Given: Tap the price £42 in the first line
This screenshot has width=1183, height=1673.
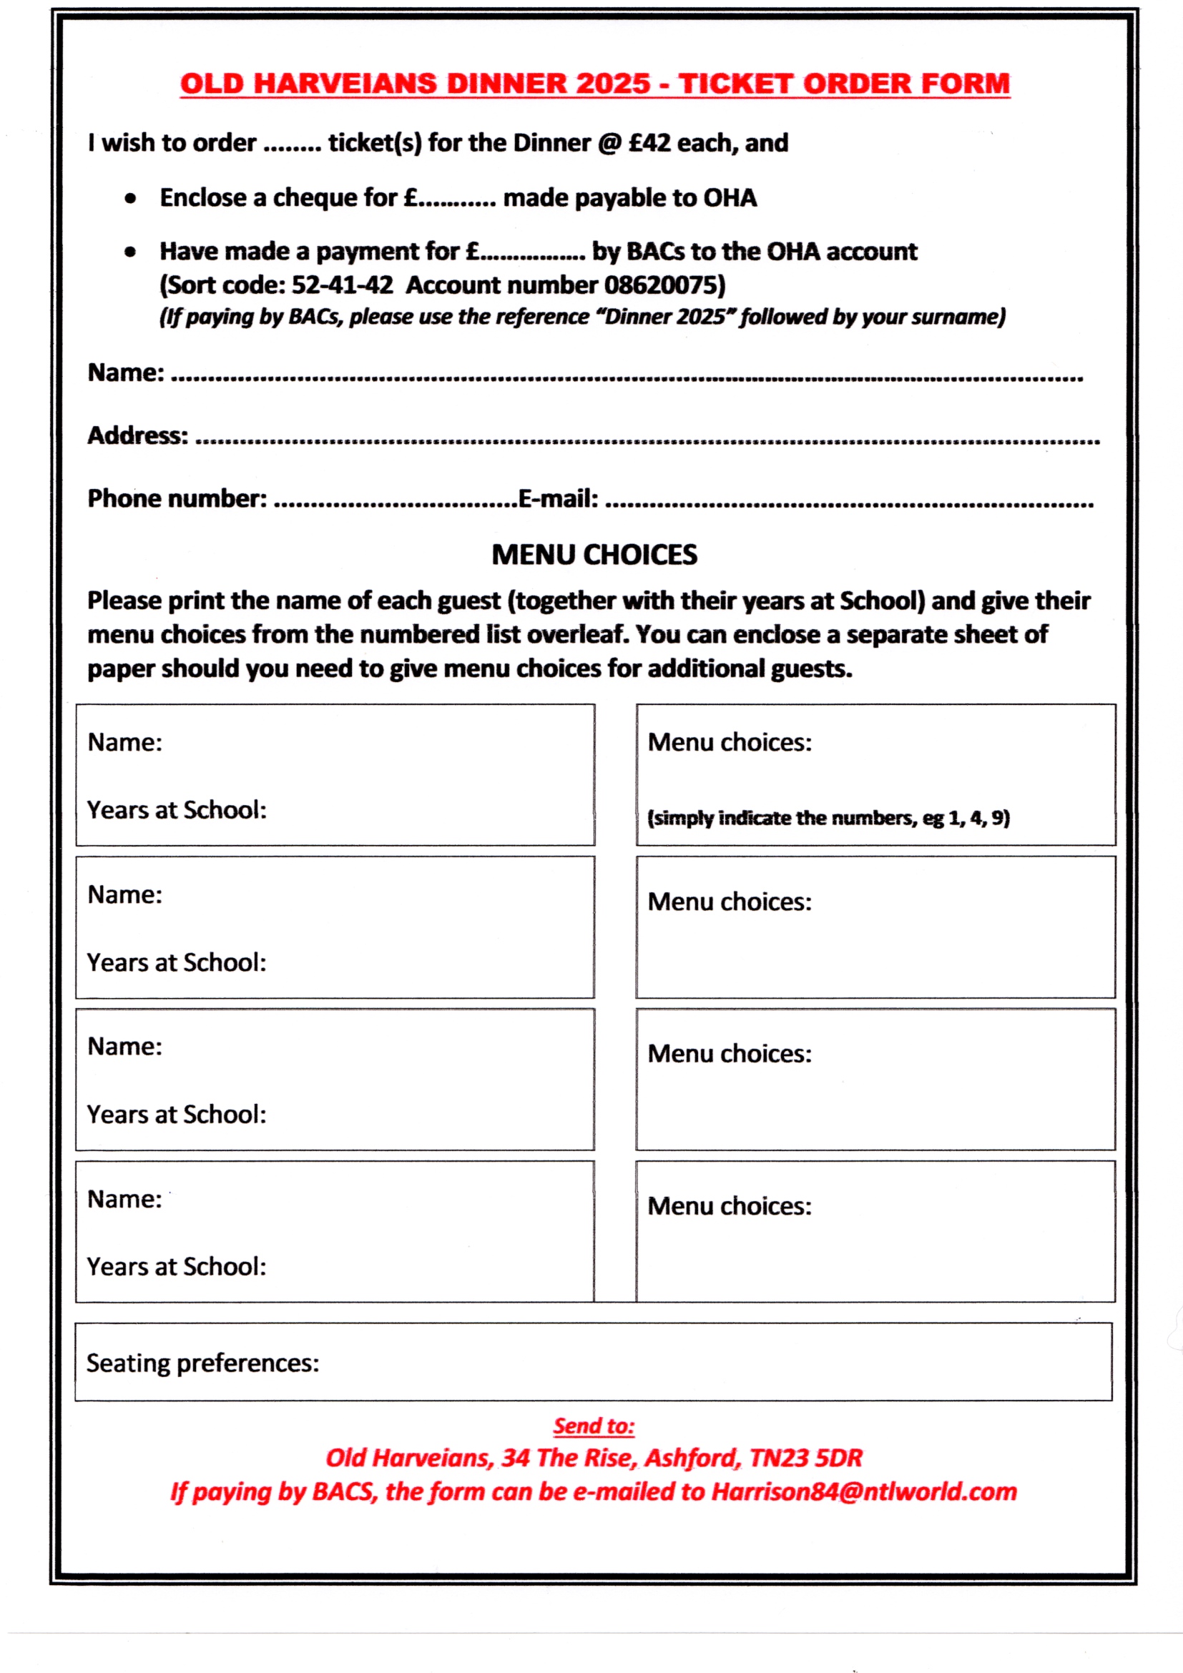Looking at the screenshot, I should pos(649,143).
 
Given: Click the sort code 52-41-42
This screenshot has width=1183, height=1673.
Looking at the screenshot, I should pos(342,285).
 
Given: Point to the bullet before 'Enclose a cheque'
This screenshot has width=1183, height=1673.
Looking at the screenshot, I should pos(130,198).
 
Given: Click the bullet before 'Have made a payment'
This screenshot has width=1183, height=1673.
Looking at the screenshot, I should pos(130,252).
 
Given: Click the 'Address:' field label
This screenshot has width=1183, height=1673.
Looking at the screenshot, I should pos(138,435).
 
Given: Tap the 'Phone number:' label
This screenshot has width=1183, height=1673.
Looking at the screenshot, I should pos(177,499).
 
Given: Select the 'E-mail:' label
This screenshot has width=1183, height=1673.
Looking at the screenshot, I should pos(558,499).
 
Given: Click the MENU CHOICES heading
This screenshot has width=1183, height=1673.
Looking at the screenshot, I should pos(594,556).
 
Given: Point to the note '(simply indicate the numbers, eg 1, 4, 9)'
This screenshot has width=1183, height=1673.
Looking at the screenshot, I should pos(828,819).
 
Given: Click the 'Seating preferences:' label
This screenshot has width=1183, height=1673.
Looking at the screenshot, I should pos(202,1363).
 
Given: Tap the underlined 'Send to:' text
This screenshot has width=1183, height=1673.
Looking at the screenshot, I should pos(594,1426).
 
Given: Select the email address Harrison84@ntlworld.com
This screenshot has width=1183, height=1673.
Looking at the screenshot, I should pos(864,1491).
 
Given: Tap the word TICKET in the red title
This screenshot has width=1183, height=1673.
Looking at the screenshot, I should pos(735,84).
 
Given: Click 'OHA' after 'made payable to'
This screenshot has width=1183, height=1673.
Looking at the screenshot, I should pos(730,198).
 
